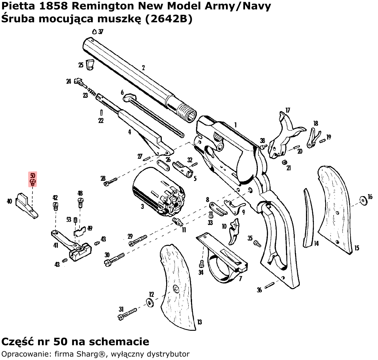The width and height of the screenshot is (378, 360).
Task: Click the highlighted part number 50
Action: (33, 176)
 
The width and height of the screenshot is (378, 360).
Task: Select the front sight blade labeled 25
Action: (90, 64)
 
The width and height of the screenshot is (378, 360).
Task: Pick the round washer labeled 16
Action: (363, 200)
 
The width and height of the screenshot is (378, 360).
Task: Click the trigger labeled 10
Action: (234, 232)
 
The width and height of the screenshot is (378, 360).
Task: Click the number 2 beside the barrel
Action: (143, 68)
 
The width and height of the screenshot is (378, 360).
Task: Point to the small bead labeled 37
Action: (95, 31)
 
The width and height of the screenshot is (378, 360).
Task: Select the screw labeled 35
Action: (257, 242)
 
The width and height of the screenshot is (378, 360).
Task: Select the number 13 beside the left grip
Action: (200, 322)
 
